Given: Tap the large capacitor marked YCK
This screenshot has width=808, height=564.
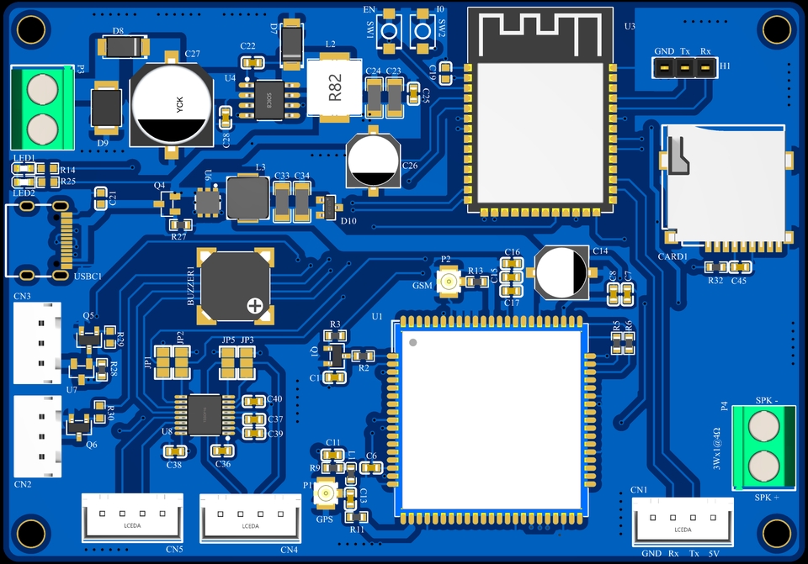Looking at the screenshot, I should click(x=170, y=105).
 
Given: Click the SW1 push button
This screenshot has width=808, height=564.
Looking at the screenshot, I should click(x=389, y=29).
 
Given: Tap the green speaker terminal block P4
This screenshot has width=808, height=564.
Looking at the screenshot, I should click(x=763, y=446).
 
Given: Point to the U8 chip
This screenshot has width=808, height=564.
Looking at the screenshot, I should click(x=204, y=414).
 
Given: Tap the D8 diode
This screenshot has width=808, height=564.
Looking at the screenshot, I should click(x=119, y=45).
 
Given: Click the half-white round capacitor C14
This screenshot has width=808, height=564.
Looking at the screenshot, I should click(x=563, y=272).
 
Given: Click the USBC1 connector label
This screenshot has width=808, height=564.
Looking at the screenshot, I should click(x=88, y=277).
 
